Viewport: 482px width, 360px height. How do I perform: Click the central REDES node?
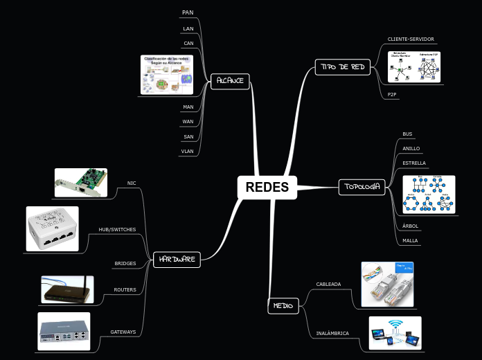(x=267, y=187)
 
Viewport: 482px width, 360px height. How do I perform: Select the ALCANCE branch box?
(x=230, y=80)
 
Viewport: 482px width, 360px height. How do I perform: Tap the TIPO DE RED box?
(x=343, y=66)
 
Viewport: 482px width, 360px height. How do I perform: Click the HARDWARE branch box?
(x=176, y=260)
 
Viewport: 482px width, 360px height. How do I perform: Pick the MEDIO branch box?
(x=283, y=305)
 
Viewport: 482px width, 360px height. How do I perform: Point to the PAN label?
(x=188, y=12)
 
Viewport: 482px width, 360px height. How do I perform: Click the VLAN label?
(x=188, y=150)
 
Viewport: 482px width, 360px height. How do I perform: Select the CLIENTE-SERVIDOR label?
(x=411, y=39)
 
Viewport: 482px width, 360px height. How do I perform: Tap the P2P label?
(x=392, y=94)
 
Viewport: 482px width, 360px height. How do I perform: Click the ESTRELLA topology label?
(x=414, y=163)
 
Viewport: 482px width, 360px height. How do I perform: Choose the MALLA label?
(x=411, y=241)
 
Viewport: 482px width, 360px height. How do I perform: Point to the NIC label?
(x=132, y=183)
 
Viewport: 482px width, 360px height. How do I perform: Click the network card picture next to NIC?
(x=81, y=183)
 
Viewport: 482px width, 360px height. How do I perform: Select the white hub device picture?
(x=53, y=228)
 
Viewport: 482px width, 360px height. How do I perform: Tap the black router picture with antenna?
(x=67, y=289)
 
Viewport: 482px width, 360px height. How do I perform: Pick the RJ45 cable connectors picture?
(x=387, y=284)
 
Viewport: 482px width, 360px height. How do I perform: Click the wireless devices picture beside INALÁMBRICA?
(x=395, y=332)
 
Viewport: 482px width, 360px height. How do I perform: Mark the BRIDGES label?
(x=125, y=264)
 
